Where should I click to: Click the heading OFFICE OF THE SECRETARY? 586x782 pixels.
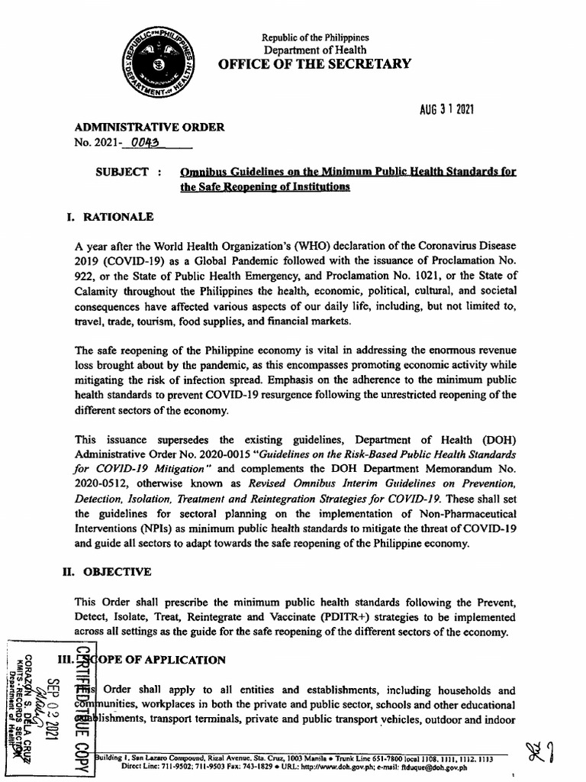315,64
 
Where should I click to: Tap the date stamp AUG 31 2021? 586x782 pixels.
446,110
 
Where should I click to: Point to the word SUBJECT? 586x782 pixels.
121,173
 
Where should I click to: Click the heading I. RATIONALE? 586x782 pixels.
111,217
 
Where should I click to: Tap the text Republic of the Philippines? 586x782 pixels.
315,37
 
